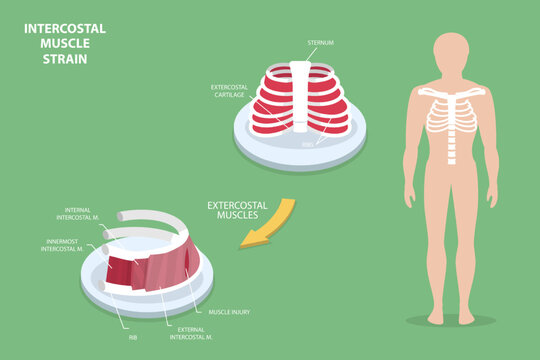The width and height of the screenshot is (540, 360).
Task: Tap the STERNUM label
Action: pyautogui.click(x=322, y=43)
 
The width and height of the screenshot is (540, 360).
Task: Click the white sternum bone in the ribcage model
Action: pyautogui.click(x=300, y=95)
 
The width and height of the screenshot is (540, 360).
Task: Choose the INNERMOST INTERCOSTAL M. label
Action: pyautogui.click(x=71, y=244)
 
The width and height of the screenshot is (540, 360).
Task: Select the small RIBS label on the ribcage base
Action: pyautogui.click(x=308, y=143)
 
